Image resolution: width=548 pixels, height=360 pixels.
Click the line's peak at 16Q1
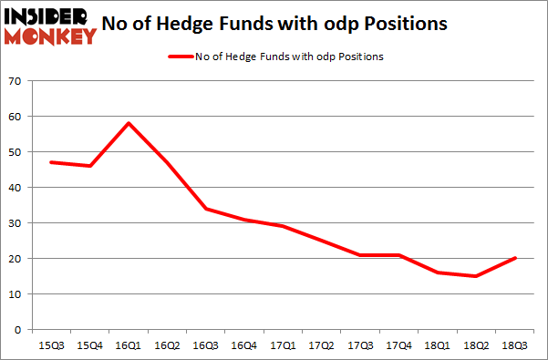click(129, 123)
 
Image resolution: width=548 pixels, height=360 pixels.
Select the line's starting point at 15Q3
click(50, 162)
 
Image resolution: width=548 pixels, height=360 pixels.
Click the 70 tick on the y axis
click(15, 81)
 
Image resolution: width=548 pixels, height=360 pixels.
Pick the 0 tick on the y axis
click(17, 330)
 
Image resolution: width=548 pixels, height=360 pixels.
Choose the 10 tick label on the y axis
click(15, 294)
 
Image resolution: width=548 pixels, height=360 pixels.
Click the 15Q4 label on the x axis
click(90, 346)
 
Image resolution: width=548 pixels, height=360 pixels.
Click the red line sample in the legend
click(180, 57)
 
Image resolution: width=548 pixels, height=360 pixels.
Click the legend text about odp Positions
click(289, 57)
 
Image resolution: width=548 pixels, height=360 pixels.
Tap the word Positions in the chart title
click(404, 25)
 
